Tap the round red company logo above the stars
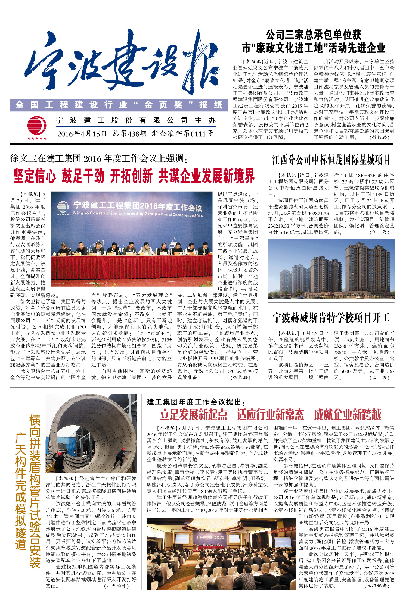click(37, 125)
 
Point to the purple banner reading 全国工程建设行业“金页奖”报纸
click(119, 105)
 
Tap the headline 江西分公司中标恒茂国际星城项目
click(331, 160)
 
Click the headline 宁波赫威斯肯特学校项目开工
click(331, 317)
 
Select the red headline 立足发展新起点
click(193, 415)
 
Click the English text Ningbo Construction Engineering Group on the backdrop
click(138, 214)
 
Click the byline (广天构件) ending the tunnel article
click(116, 586)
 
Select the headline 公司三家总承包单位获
click(313, 35)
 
